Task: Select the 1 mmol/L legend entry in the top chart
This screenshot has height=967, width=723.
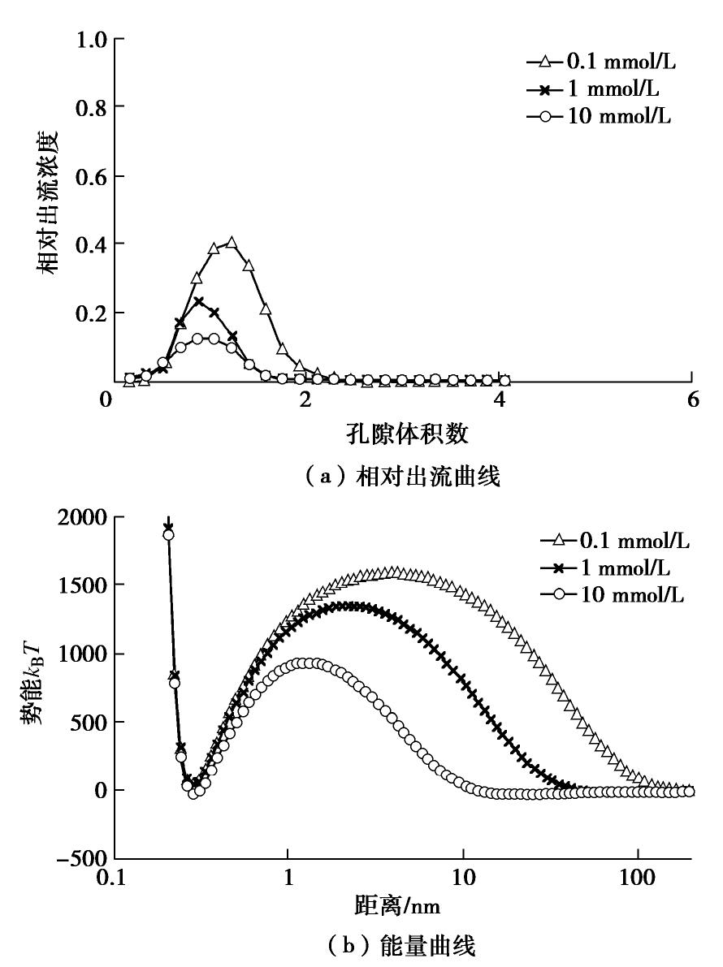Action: (602, 88)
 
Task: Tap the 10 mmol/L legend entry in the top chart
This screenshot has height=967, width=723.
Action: (602, 117)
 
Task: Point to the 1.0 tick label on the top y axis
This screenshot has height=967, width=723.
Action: (91, 40)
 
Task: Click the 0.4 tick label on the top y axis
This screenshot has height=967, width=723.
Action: (91, 244)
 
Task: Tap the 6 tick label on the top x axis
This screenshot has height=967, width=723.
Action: (691, 400)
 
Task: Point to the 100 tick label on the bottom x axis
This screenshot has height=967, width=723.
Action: (638, 879)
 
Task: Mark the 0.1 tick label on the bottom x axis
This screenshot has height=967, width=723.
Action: (114, 879)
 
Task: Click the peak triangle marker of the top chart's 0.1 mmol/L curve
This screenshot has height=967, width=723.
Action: (232, 243)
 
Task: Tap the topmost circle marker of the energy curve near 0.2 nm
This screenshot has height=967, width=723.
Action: (168, 534)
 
